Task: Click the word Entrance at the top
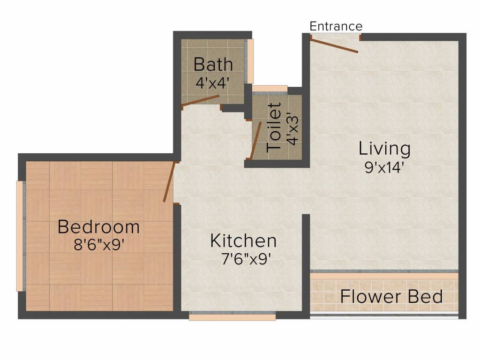(336, 26)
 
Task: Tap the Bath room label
(213, 64)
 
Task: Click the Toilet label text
(274, 127)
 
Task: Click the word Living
(384, 149)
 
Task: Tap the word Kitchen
(243, 240)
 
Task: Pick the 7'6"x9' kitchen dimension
(246, 259)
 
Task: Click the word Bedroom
(98, 227)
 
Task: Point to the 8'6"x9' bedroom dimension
(99, 245)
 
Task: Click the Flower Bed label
(391, 297)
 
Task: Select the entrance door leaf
(334, 46)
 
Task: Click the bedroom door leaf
(169, 181)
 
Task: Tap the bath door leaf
(200, 101)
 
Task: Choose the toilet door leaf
(255, 141)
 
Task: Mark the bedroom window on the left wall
(20, 236)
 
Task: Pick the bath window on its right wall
(250, 61)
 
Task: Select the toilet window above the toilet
(270, 89)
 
